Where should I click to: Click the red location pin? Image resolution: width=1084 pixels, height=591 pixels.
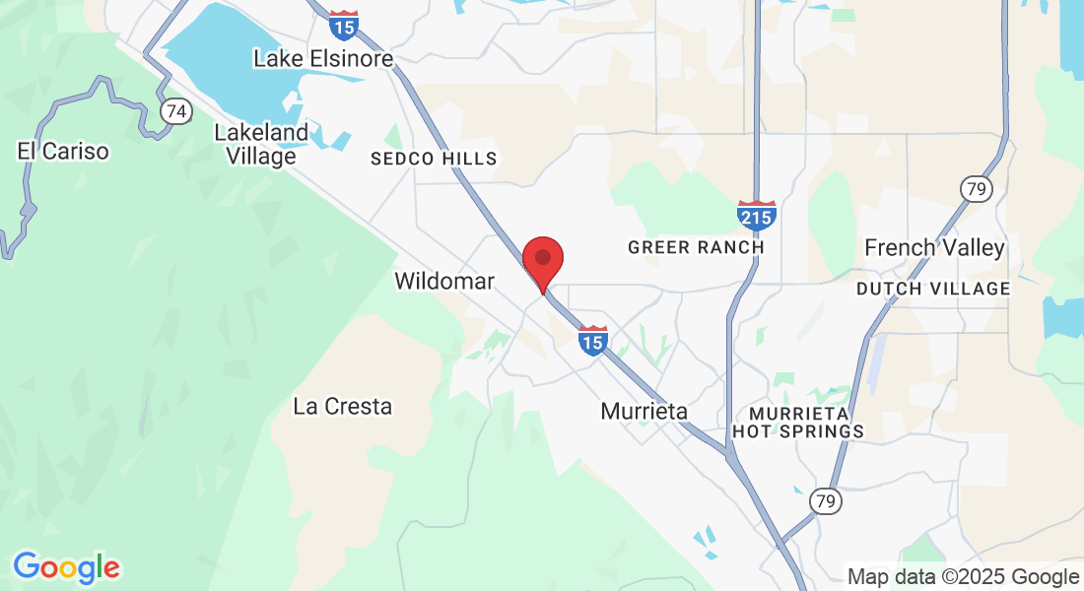coord(542,260)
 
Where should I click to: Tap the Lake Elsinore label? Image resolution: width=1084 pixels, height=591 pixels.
coord(323,59)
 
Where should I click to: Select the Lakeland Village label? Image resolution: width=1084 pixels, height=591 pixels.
coord(260,144)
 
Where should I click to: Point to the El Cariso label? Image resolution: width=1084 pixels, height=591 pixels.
coord(63,152)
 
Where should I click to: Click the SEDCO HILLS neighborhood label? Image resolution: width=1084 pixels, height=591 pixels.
coord(434,159)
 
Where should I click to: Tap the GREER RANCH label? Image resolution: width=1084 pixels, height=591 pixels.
coord(696,247)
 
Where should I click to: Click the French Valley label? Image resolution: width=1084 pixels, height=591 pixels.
coord(934,248)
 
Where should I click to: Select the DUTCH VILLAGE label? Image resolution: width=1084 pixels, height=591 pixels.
coord(933,289)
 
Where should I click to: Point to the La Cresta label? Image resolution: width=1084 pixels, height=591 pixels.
coord(343,406)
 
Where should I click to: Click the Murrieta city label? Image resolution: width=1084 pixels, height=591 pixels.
coord(644,412)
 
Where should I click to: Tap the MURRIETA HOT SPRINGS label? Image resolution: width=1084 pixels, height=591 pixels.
coord(798,422)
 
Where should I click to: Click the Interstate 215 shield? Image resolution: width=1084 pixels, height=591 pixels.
coord(756,215)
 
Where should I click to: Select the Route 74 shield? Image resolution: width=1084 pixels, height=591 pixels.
coord(176,111)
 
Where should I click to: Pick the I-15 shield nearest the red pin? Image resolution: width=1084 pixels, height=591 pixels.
coord(592,340)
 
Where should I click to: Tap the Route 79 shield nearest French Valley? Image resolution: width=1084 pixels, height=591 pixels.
coord(976,188)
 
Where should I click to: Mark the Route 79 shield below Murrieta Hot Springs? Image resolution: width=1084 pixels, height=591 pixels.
coord(826,501)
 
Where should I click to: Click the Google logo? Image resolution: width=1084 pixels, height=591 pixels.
coord(66,567)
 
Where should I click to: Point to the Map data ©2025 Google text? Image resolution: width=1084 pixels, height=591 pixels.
coord(964,577)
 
